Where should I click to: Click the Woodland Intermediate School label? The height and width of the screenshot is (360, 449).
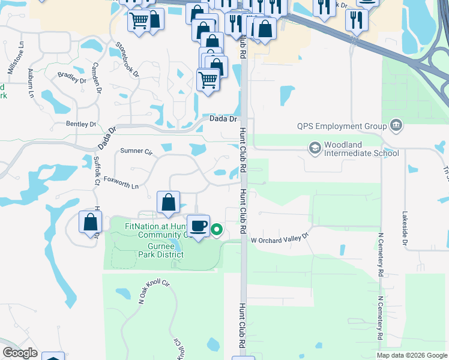[x=361, y=149]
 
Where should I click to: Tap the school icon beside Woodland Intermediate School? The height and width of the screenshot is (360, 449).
[x=315, y=148]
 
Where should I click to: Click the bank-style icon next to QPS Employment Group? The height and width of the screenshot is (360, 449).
[x=396, y=125]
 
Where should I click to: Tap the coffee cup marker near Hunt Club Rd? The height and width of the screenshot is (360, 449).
[x=199, y=226]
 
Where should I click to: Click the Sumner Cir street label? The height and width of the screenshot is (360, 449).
[x=137, y=151]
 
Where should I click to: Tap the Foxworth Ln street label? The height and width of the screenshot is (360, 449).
[x=121, y=178]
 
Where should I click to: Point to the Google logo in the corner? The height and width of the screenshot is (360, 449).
[x=19, y=353]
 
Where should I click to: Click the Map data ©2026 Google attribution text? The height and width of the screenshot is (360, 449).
[x=411, y=355]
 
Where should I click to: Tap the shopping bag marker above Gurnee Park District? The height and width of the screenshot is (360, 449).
[x=169, y=203]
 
